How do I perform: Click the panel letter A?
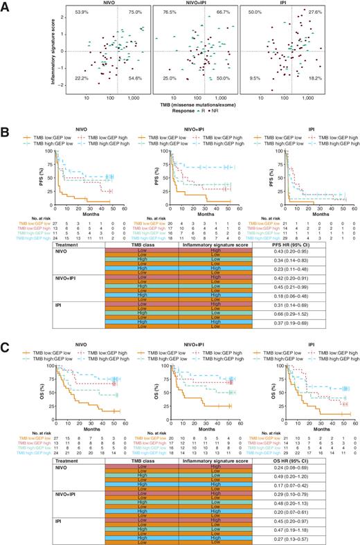pyautogui.click(x=5, y=6)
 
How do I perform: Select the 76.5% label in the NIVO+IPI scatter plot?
pyautogui.click(x=167, y=13)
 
